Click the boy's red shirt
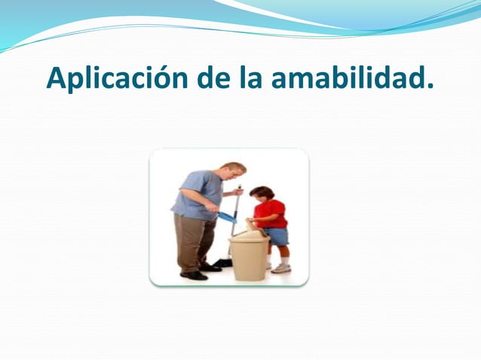click(271, 213)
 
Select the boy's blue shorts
click(277, 236)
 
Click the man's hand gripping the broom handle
click(239, 192)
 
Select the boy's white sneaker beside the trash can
click(281, 267)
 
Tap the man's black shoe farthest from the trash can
click(194, 276)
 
